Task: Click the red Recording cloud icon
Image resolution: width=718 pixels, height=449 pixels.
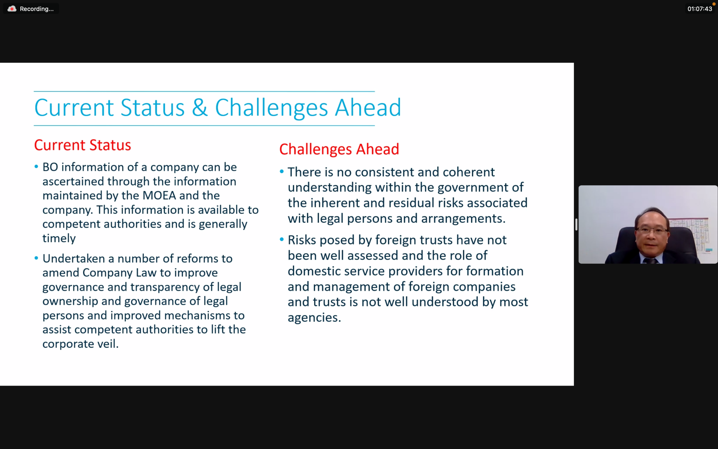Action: [x=12, y=9]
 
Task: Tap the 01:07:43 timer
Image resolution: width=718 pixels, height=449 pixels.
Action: [x=699, y=9]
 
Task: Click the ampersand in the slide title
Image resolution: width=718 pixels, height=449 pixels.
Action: [x=199, y=107]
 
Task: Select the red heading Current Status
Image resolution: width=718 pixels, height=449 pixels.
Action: [x=82, y=145]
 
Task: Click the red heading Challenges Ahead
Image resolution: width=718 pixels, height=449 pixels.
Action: [x=339, y=149]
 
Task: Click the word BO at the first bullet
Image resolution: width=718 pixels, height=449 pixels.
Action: [x=50, y=167]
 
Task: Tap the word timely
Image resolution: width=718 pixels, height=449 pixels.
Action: [x=59, y=239]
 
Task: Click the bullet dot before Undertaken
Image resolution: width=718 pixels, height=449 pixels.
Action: [x=36, y=258]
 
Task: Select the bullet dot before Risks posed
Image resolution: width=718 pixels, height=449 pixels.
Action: [x=282, y=239]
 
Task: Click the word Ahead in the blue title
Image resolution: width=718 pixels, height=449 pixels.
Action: [x=368, y=107]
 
